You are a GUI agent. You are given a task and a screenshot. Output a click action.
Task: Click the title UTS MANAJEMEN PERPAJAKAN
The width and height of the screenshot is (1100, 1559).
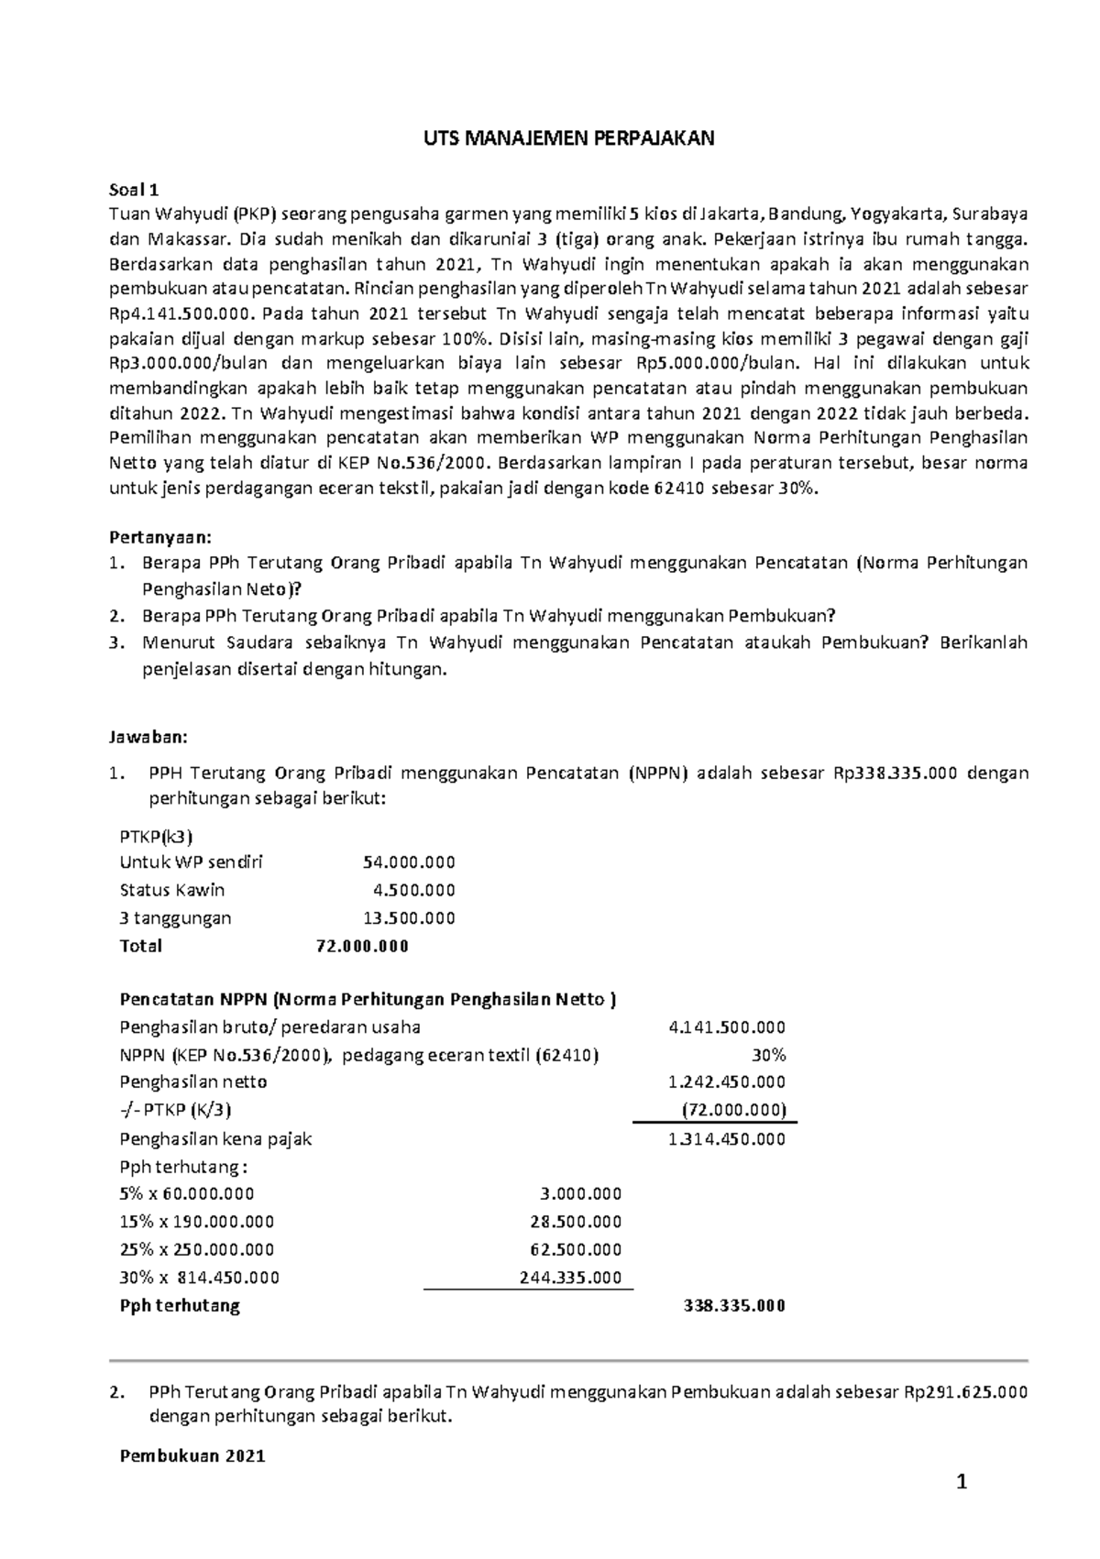click(x=567, y=138)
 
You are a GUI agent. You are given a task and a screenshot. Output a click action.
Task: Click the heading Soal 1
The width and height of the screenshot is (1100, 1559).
click(x=134, y=191)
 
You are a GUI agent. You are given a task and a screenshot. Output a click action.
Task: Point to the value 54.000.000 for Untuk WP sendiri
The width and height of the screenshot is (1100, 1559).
click(x=409, y=862)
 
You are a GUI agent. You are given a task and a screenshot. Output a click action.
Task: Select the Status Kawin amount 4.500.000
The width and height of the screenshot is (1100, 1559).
click(x=413, y=890)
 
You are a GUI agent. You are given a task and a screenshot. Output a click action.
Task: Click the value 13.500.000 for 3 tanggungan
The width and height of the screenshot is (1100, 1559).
click(x=409, y=918)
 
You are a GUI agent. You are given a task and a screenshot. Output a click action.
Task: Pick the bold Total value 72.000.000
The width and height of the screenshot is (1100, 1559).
click(x=361, y=946)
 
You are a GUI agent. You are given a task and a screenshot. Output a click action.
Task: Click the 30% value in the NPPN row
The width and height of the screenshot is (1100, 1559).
click(x=770, y=1055)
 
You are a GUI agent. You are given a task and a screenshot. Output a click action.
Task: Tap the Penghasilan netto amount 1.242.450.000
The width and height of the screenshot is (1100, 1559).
click(x=727, y=1082)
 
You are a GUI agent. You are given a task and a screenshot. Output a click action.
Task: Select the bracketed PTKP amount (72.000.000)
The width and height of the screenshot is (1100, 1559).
click(x=733, y=1110)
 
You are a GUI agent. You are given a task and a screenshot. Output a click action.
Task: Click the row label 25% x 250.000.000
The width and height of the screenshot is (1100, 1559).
click(x=196, y=1249)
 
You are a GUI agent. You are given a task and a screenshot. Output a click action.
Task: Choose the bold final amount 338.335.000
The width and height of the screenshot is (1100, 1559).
click(x=734, y=1306)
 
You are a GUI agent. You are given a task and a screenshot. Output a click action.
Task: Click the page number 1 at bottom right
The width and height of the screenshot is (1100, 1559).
click(x=962, y=1483)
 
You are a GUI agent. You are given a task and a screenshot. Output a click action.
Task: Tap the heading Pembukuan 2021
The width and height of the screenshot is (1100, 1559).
click(x=192, y=1455)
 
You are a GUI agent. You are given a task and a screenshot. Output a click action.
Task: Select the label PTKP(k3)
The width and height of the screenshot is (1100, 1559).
click(x=156, y=835)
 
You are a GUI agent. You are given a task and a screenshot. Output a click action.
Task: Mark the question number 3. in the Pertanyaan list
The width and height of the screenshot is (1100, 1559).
click(x=115, y=642)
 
